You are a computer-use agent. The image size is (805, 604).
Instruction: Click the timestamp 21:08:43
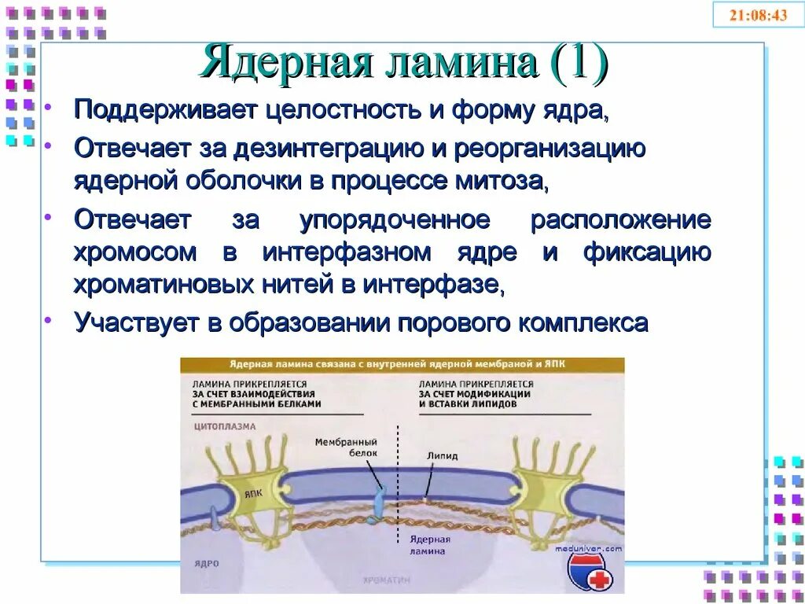click(x=758, y=15)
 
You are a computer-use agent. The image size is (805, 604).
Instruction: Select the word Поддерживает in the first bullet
click(x=164, y=109)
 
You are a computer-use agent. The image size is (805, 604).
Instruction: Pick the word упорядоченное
click(x=395, y=219)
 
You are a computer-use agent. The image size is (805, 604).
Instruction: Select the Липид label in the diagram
click(x=441, y=455)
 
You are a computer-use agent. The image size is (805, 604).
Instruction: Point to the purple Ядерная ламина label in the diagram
click(x=430, y=545)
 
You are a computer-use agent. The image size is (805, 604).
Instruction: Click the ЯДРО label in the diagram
click(x=206, y=564)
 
